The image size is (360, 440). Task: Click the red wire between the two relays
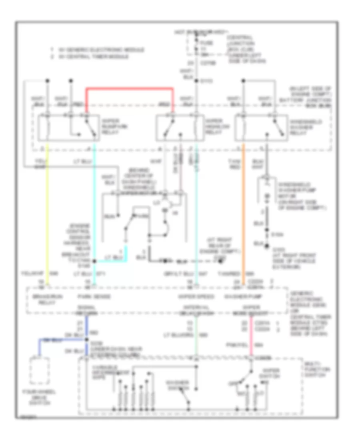[x=130, y=88]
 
